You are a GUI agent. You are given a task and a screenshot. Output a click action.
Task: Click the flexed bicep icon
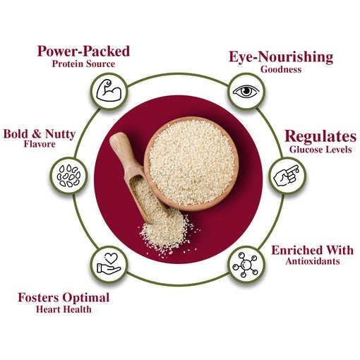click(x=109, y=90)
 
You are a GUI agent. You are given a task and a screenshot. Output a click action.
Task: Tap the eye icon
click(x=246, y=91)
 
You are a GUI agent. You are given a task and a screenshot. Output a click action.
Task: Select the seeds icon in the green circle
click(x=68, y=176)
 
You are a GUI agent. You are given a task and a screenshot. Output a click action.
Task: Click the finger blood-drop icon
click(x=287, y=176)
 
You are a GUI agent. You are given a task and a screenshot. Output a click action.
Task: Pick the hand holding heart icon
click(x=109, y=263)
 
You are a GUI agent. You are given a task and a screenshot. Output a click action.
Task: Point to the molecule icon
click(x=246, y=265)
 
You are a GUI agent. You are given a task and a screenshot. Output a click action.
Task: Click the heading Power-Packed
click(x=83, y=51)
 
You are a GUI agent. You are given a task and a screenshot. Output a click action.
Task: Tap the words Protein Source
click(x=83, y=64)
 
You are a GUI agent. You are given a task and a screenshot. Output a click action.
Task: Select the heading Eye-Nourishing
click(x=281, y=57)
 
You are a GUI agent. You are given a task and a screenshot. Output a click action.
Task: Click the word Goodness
click(x=281, y=69)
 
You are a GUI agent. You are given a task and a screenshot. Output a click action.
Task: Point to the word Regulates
click(x=320, y=136)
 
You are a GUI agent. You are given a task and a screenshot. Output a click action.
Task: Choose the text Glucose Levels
click(x=320, y=150)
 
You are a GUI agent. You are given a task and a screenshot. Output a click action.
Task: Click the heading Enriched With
click(x=313, y=251)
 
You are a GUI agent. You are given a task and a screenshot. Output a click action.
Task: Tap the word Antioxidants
click(x=313, y=261)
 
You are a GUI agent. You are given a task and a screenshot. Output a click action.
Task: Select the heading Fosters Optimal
click(x=64, y=298)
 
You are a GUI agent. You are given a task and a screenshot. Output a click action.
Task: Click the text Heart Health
click(x=64, y=309)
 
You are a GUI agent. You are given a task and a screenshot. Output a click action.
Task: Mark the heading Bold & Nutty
click(x=40, y=134)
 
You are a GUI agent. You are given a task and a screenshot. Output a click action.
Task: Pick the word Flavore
click(x=40, y=144)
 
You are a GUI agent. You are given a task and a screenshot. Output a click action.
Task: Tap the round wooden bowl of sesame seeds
click(x=191, y=164)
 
